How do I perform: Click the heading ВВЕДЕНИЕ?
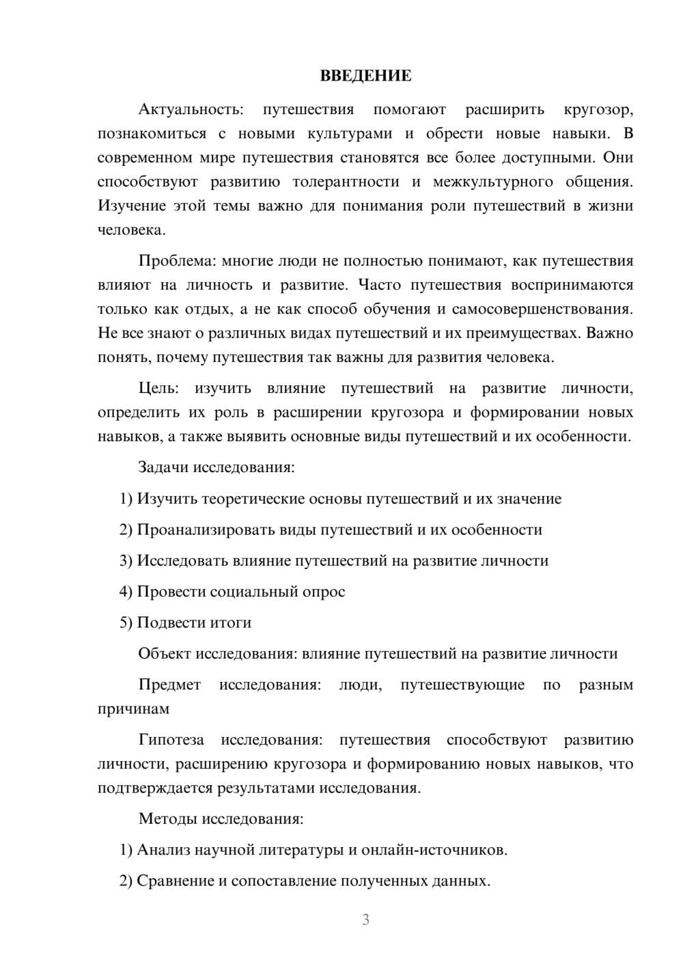click(x=365, y=76)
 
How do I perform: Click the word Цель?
click(x=158, y=389)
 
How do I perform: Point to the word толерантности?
click(x=346, y=182)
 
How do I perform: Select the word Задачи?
click(x=164, y=468)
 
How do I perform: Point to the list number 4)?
click(x=126, y=592)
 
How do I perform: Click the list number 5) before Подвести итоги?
click(x=126, y=623)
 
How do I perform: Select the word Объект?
click(x=165, y=654)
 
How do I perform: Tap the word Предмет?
click(x=169, y=685)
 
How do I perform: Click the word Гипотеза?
click(x=171, y=741)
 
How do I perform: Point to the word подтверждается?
click(x=155, y=788)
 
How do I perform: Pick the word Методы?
click(x=167, y=819)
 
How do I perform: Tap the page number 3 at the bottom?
click(x=365, y=920)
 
